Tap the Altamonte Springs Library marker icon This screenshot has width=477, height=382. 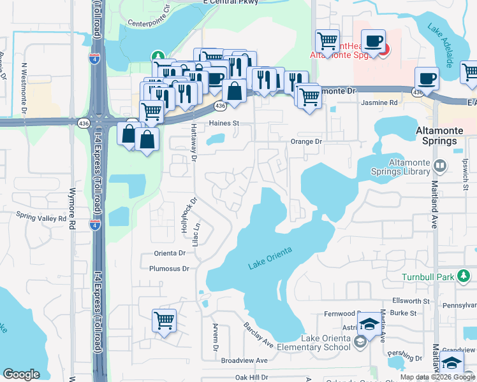click(x=440, y=166)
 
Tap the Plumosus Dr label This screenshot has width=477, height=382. click(x=169, y=269)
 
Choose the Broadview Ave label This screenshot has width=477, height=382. click(x=244, y=360)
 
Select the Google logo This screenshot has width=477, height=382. click(x=22, y=374)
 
